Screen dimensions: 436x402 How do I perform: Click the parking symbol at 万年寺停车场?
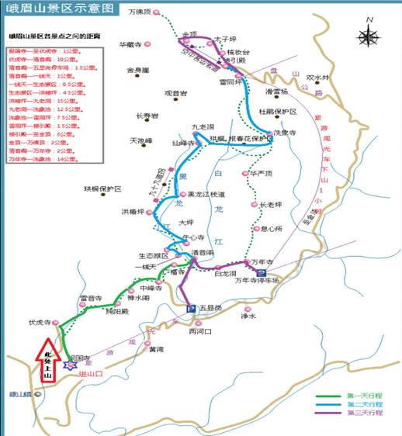[x=262, y=274]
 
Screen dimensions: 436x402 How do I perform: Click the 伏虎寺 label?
[x=39, y=320]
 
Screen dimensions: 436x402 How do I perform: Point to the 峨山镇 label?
[x=18, y=394]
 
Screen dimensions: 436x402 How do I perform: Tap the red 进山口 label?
[x=90, y=374]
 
